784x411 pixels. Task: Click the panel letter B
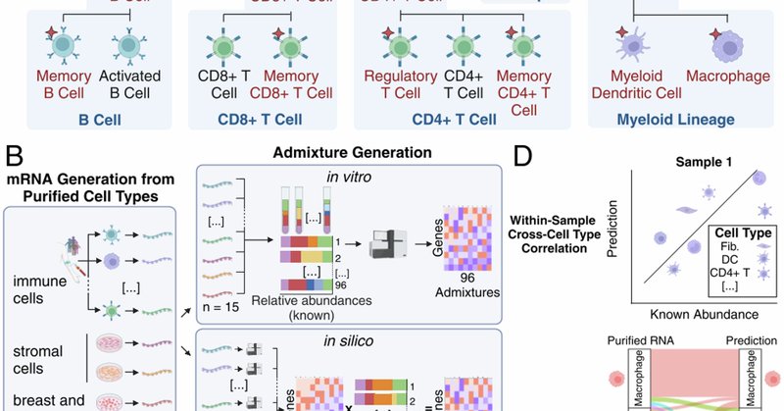(16, 155)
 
